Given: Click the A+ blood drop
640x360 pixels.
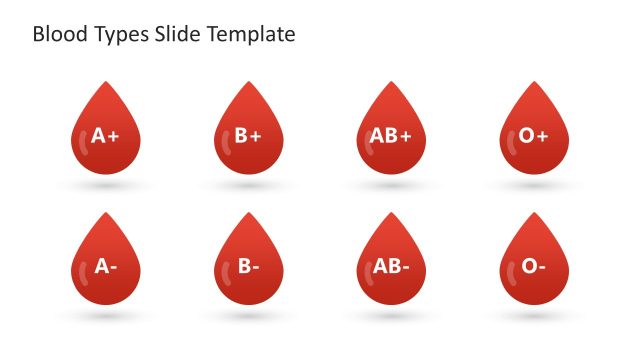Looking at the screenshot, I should pyautogui.click(x=105, y=135).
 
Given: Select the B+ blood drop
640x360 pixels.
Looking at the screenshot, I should pyautogui.click(x=249, y=135).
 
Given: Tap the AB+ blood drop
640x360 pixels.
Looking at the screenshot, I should pyautogui.click(x=391, y=135).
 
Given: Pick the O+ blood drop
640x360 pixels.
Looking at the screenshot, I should pyautogui.click(x=534, y=135).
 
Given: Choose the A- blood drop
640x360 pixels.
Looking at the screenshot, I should pyautogui.click(x=105, y=266).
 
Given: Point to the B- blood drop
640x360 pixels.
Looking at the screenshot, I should pyautogui.click(x=249, y=266).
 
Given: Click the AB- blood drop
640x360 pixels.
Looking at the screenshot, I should pyautogui.click(x=391, y=266).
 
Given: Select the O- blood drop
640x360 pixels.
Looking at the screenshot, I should pyautogui.click(x=534, y=266).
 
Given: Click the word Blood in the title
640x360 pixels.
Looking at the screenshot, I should pyautogui.click(x=55, y=35).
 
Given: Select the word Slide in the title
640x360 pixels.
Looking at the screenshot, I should pyautogui.click(x=177, y=35).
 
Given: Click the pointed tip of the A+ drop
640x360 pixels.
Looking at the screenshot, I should pyautogui.click(x=105, y=84).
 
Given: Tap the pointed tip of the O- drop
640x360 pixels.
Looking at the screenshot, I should pyautogui.click(x=534, y=215).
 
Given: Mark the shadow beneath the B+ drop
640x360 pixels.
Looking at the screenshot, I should pyautogui.click(x=249, y=186).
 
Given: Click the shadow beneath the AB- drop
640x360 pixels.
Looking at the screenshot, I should pyautogui.click(x=391, y=316).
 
